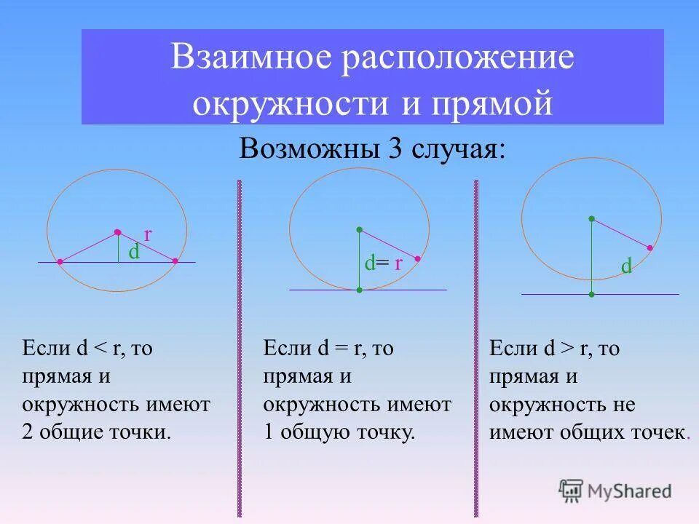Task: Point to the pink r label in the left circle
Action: point(148,234)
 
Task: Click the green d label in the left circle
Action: point(134,252)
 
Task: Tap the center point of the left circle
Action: point(116,232)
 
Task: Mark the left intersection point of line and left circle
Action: point(60,261)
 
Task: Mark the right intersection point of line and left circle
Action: point(175,261)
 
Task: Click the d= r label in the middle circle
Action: point(383,263)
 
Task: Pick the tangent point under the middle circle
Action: point(359,290)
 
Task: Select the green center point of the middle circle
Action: point(359,229)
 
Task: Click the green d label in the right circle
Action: point(626,267)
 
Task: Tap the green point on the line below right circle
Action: point(592,294)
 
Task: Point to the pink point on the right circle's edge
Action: point(649,248)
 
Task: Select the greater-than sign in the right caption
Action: point(569,349)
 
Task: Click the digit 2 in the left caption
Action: point(28,433)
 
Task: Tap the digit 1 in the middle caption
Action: point(269,433)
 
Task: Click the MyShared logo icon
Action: point(571,491)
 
